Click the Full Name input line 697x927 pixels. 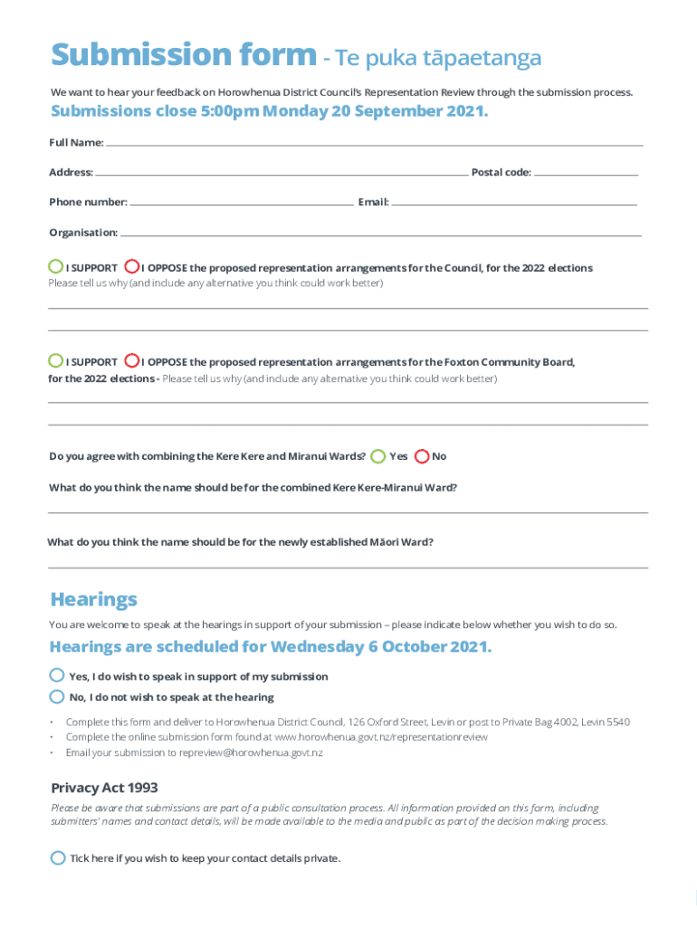click(x=374, y=144)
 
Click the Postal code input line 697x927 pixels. click(x=586, y=173)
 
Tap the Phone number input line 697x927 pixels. click(x=241, y=204)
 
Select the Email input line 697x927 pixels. click(x=514, y=204)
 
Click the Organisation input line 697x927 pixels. click(x=380, y=234)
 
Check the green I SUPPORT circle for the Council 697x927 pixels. click(x=56, y=267)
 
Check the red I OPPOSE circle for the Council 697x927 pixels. click(x=132, y=267)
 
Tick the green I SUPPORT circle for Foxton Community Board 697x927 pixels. click(x=56, y=360)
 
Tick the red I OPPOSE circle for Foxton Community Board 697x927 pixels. click(x=132, y=360)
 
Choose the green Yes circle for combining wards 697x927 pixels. click(x=377, y=456)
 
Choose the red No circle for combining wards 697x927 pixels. click(x=421, y=456)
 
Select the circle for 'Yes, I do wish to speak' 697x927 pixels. click(x=57, y=675)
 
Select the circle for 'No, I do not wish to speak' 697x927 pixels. click(x=57, y=696)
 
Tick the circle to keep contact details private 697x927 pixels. click(x=58, y=857)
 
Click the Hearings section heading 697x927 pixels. click(x=94, y=599)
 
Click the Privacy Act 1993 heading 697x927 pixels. click(x=104, y=788)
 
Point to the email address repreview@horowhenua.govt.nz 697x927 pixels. click(x=251, y=752)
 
